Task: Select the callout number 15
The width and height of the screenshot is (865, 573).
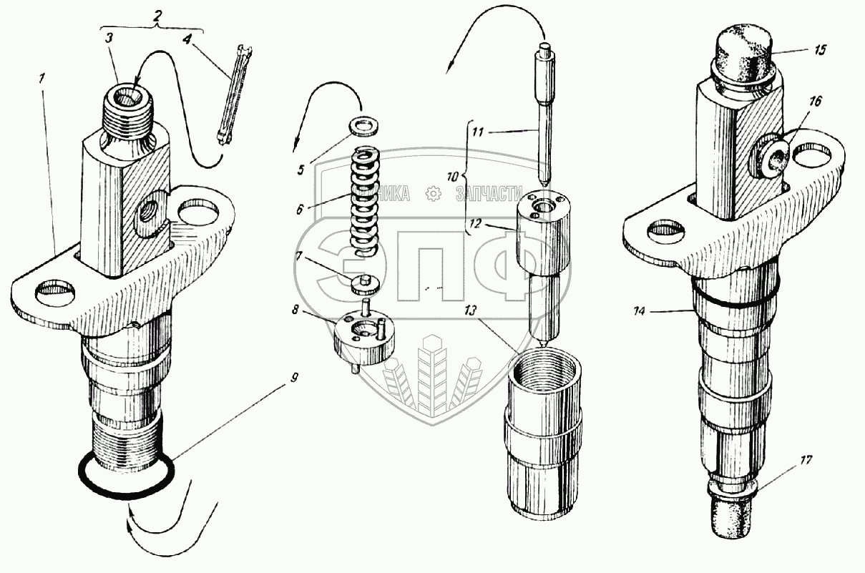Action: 819,50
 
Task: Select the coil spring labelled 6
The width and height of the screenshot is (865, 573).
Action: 363,200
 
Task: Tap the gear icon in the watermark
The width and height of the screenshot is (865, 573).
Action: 431,193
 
